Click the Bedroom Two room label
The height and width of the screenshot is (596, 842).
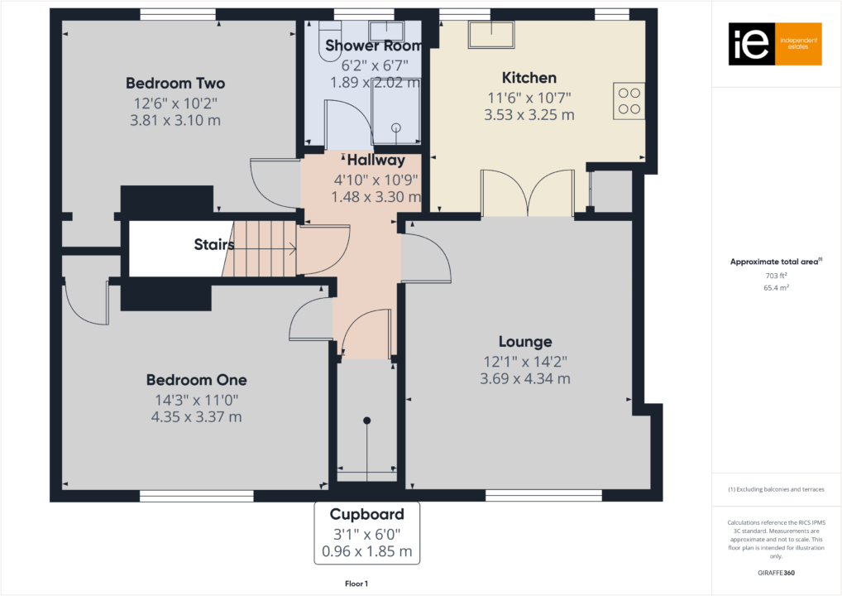coord(175,84)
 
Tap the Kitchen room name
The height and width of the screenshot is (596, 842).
coord(529,78)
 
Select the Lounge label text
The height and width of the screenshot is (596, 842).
coord(525,341)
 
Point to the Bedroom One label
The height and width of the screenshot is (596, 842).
coord(196,380)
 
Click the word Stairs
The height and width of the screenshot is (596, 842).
coord(213,245)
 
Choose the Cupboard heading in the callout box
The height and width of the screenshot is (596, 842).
coord(367,514)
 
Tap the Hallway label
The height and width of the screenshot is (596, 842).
coord(376,161)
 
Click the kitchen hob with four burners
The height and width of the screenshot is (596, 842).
coord(629,99)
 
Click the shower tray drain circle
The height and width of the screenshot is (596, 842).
coord(396,127)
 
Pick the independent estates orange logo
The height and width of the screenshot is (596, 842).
coord(775,44)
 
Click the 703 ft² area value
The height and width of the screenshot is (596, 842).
coord(776,276)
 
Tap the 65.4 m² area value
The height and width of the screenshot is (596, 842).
coord(776,289)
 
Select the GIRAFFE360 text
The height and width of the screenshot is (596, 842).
coord(776,572)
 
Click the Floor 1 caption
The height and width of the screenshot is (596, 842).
coord(356,584)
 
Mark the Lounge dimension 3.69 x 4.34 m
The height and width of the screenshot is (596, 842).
coord(525,379)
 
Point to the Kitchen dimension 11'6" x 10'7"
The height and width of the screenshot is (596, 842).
coord(529,97)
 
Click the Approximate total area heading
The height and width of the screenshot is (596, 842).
coord(774,262)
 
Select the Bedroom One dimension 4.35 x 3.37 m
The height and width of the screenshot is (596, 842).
coord(196,416)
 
